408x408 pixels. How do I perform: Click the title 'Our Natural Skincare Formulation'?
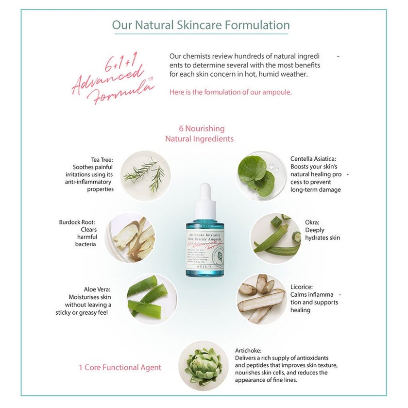[201, 25]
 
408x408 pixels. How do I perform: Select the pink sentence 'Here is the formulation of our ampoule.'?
[231, 92]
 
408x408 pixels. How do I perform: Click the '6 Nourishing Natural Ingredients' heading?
[199, 134]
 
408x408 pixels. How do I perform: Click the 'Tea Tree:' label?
[102, 159]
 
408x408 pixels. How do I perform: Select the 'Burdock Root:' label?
[78, 222]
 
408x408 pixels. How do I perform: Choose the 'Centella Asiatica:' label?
[313, 159]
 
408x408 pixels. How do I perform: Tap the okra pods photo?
[275, 237]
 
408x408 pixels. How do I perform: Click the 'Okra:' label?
[312, 222]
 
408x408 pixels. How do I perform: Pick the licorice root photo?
[261, 298]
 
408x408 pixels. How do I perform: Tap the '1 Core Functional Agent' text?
[119, 368]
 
